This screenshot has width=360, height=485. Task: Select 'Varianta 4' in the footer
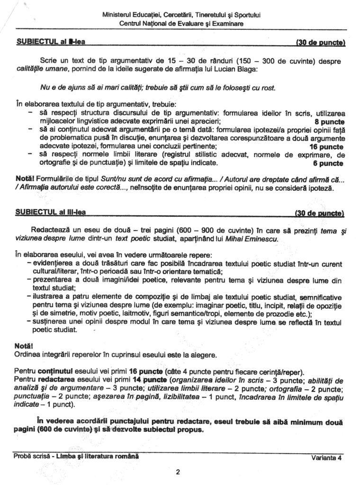point(326,458)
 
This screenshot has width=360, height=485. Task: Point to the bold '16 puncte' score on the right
point(326,147)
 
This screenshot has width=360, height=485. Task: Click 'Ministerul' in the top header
point(116,15)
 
